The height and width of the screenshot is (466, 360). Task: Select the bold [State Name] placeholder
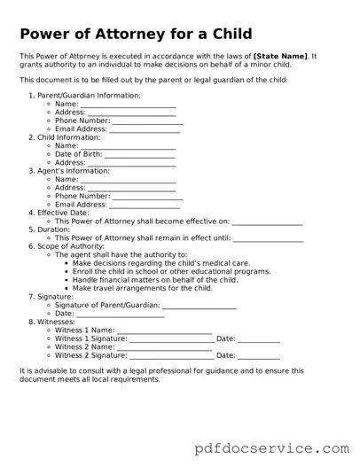(x=280, y=56)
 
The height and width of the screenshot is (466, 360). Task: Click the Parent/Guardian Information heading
(x=88, y=95)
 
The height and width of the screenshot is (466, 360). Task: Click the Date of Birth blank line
(x=139, y=155)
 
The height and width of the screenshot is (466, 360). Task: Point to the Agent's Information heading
(x=74, y=171)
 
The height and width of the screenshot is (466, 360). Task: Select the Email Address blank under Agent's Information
(x=145, y=205)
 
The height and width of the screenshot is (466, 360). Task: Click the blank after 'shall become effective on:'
(x=267, y=221)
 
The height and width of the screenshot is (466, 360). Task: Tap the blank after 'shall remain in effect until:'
(x=268, y=238)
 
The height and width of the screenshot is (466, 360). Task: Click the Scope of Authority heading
(x=74, y=246)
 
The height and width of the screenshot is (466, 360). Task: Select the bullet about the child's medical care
(x=160, y=263)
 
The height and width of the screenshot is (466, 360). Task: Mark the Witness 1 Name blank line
(x=164, y=330)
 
